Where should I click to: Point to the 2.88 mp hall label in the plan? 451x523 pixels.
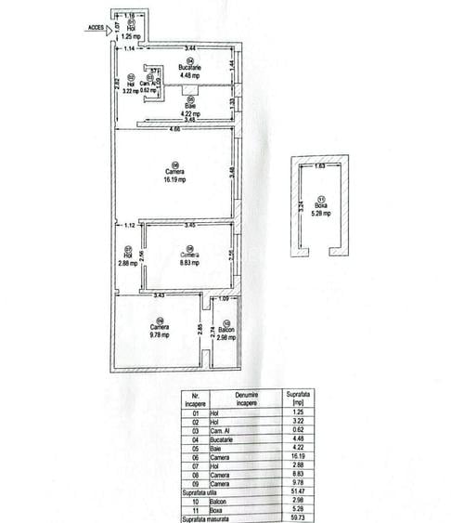[x=128, y=263]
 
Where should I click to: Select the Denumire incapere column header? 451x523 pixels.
[x=246, y=399]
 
